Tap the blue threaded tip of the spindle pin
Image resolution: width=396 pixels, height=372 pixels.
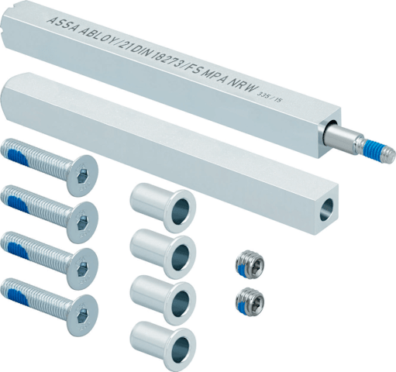click(x=374, y=149)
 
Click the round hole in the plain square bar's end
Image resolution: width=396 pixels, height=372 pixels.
click(x=328, y=210)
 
